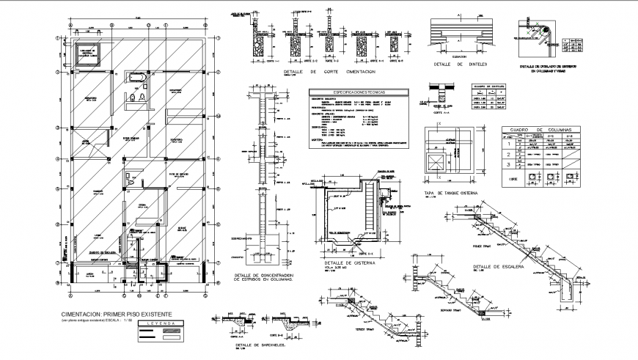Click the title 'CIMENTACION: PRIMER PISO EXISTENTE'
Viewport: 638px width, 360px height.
(117, 313)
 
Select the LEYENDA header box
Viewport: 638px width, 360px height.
(160, 323)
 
